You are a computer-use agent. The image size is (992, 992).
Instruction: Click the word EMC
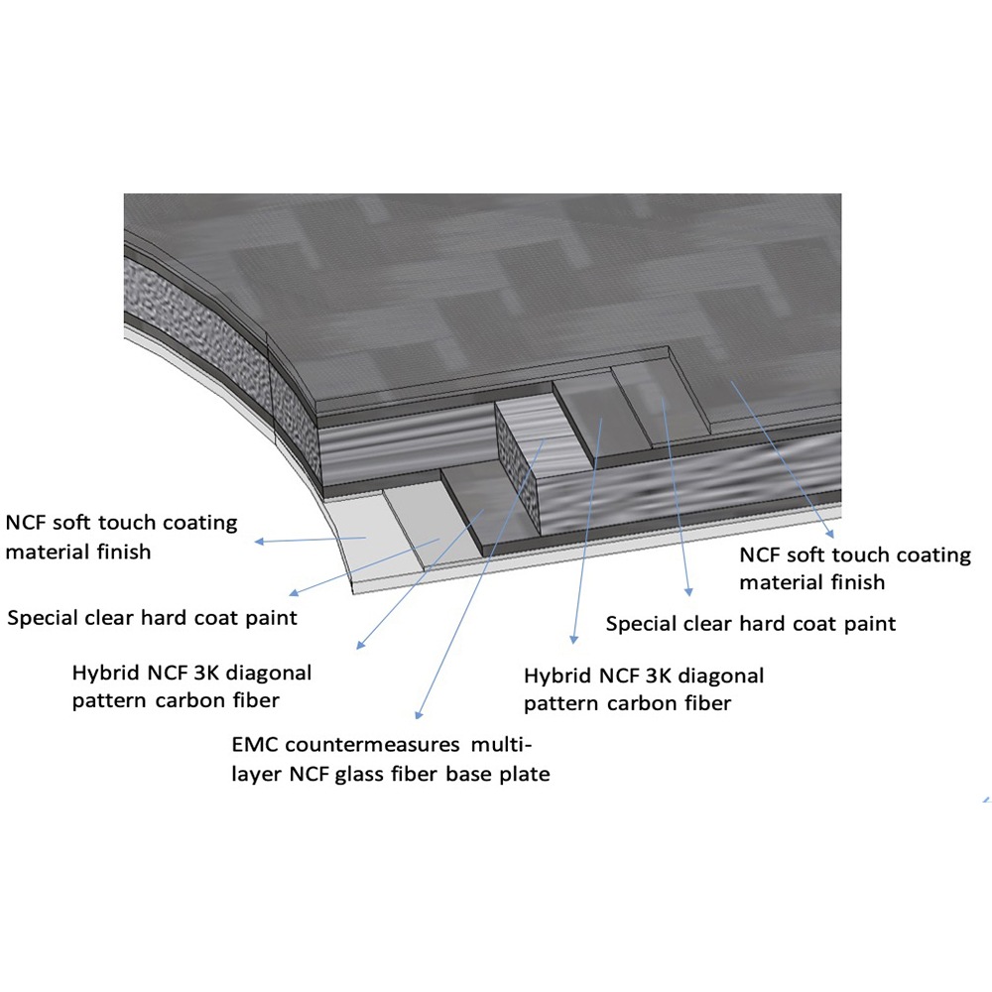255,744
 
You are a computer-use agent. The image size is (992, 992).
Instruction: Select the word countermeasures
372,744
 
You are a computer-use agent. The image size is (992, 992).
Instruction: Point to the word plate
525,775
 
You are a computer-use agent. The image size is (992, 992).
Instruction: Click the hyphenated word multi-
501,744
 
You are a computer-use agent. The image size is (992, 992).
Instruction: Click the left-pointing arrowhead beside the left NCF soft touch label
259,542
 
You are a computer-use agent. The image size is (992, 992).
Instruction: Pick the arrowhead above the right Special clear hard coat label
689,592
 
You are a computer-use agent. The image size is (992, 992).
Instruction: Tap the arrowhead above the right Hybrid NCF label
573,640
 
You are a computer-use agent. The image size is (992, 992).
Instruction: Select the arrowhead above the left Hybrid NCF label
360,645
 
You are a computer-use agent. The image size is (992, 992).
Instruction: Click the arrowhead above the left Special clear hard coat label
294,593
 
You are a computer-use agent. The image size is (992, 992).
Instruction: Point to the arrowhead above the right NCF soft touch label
830,534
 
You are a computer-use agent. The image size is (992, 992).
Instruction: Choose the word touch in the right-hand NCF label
864,555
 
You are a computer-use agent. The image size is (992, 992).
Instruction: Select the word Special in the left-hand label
43,617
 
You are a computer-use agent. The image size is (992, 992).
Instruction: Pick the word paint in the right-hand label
870,624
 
